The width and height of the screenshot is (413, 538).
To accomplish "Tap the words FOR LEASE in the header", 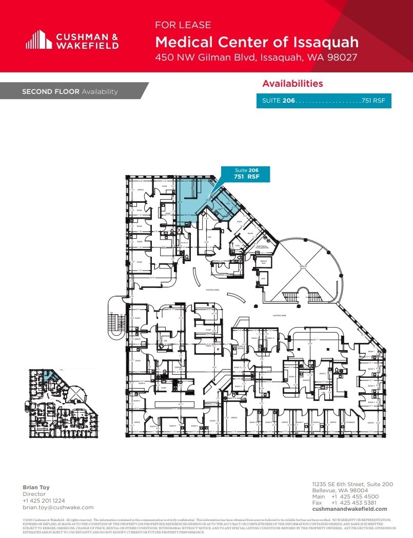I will pyautogui.click(x=183, y=25).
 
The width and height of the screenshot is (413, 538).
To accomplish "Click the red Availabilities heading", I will pyautogui.click(x=292, y=84).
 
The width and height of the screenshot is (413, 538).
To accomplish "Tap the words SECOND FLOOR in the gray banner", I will pyautogui.click(x=50, y=91).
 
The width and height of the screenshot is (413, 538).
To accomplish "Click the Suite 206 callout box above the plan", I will pyautogui.click(x=245, y=174).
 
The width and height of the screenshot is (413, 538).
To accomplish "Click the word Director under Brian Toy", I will pyautogui.click(x=34, y=494).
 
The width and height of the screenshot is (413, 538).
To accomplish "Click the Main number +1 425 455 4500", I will pyautogui.click(x=355, y=496).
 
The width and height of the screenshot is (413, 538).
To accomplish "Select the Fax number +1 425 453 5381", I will pyautogui.click(x=355, y=503).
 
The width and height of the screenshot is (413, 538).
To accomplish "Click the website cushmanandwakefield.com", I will pyautogui.click(x=349, y=509).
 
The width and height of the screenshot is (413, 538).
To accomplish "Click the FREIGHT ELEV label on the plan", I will pyautogui.click(x=263, y=261).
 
